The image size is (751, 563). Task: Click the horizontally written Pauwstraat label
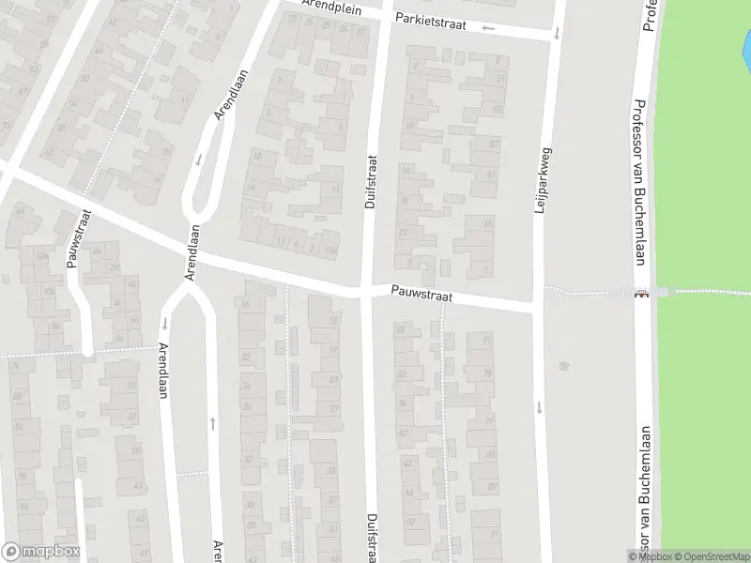tap(422, 297)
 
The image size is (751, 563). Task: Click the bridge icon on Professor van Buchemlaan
tap(641, 293)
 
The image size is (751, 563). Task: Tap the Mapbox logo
tap(40, 552)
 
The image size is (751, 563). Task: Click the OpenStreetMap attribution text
tap(710, 556)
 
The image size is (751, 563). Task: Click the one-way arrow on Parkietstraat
tap(488, 27)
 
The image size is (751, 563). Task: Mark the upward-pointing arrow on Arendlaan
tap(213, 423)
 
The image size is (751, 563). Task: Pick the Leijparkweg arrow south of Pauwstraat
tap(540, 406)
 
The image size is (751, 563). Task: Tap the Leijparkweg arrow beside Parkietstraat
tap(556, 33)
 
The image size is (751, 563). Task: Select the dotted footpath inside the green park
tap(713, 291)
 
